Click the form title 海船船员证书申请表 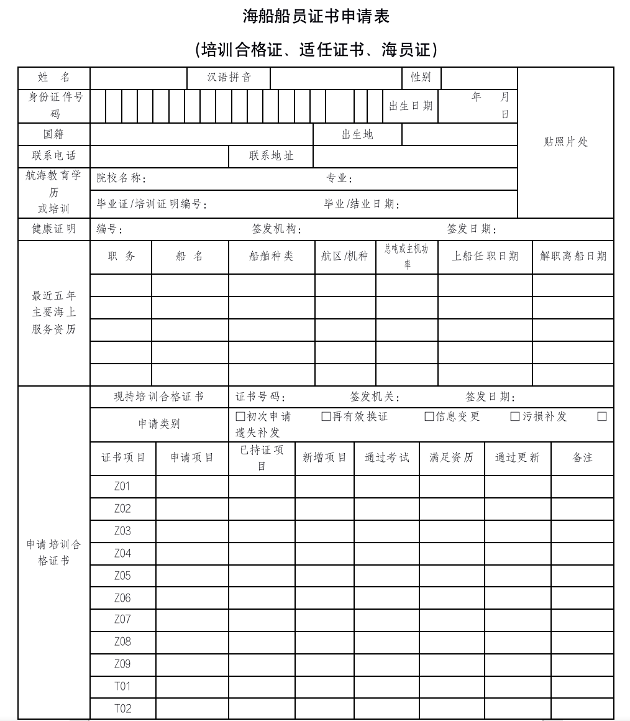coord(316,17)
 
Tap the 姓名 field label coord(54,78)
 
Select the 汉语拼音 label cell coord(229,78)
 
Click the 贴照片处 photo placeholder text coord(565,142)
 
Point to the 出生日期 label coord(411,106)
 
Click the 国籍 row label coord(54,134)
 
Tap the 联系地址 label coord(272,156)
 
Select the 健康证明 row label coord(54,229)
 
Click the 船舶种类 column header coord(272,256)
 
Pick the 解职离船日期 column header coord(573,256)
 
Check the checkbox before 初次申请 coord(240,416)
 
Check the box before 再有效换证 coord(326,416)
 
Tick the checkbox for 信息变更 coord(429,416)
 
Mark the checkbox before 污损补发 coord(515,416)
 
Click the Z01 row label coord(122,486)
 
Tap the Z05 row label coord(122,576)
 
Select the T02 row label coord(122,709)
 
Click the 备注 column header coord(582,458)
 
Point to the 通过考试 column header coord(386,458)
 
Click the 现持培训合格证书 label coord(158,397)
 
